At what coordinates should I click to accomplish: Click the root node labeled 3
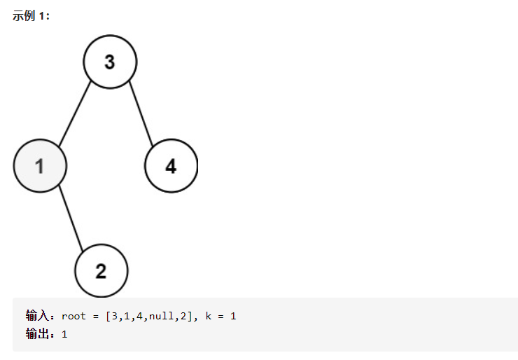[110, 62]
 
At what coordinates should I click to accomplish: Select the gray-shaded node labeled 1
[40, 166]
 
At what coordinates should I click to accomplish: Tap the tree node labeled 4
[171, 166]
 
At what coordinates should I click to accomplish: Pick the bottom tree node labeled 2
[101, 271]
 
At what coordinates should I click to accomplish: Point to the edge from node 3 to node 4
[140, 114]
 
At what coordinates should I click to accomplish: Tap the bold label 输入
[36, 316]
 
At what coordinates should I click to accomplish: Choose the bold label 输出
[36, 334]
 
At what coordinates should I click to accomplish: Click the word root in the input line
[73, 317]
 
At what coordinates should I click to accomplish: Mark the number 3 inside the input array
[114, 317]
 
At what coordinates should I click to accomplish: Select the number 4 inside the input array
[139, 317]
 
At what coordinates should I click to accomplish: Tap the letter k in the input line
[208, 317]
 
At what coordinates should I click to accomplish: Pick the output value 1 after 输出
[64, 335]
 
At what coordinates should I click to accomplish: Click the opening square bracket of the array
[108, 317]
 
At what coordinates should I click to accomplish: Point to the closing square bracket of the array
[190, 317]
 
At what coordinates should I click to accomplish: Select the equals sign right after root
[95, 317]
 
